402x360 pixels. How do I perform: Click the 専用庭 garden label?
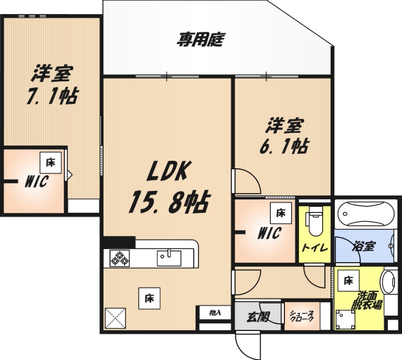(200, 40)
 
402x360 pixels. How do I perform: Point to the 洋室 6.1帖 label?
(284, 136)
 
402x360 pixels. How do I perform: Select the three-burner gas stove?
(120, 258)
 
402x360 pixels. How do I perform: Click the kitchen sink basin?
(169, 258)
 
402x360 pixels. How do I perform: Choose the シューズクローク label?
(302, 316)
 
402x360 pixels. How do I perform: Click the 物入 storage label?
(215, 313)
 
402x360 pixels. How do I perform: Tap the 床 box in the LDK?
(149, 298)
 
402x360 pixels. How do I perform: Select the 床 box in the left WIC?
(51, 163)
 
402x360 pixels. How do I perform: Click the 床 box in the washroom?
(348, 281)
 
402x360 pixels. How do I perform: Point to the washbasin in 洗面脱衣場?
(389, 282)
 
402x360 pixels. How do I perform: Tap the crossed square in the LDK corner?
(116, 318)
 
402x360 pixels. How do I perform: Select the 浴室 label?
(363, 246)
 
